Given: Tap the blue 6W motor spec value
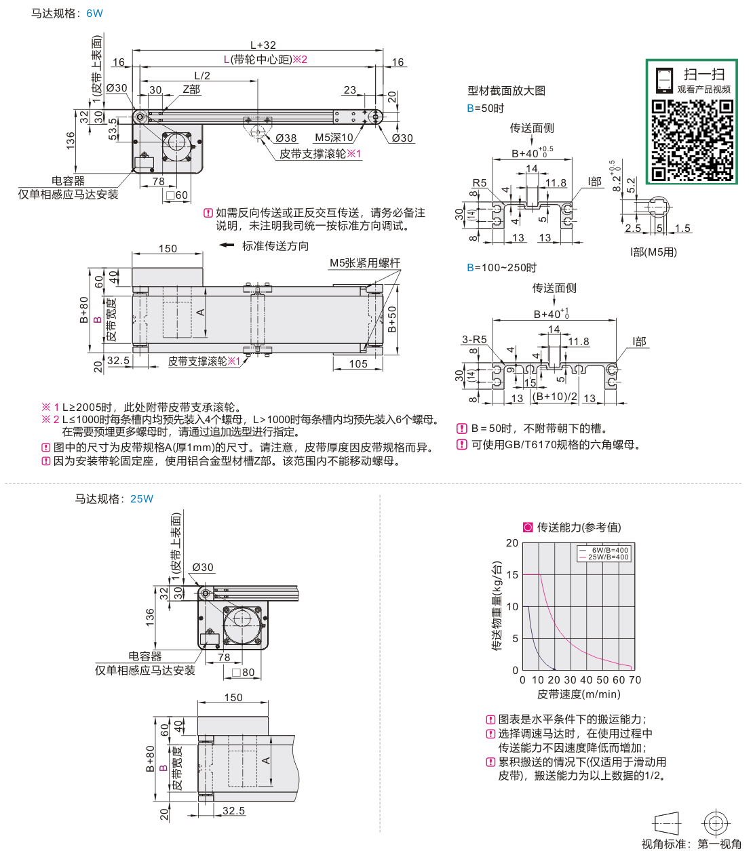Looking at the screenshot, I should click(x=95, y=14).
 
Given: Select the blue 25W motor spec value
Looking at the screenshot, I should click(x=142, y=499).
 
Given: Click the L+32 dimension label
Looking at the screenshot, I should click(x=263, y=45).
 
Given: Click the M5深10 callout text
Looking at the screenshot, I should click(x=334, y=138).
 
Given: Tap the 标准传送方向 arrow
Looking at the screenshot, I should click(x=227, y=245).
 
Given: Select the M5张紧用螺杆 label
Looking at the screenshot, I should click(x=365, y=263).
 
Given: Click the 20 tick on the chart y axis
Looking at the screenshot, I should click(x=512, y=543).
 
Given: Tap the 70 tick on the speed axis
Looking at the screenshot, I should click(x=635, y=680).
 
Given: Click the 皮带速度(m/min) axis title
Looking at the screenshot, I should click(x=579, y=694).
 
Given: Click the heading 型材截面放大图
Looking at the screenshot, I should click(x=506, y=91).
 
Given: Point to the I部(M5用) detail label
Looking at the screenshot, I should click(x=653, y=252).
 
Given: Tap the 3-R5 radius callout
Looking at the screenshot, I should click(x=474, y=340).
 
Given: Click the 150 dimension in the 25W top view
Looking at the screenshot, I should click(x=233, y=698).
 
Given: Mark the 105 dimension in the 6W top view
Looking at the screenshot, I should click(x=358, y=364).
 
